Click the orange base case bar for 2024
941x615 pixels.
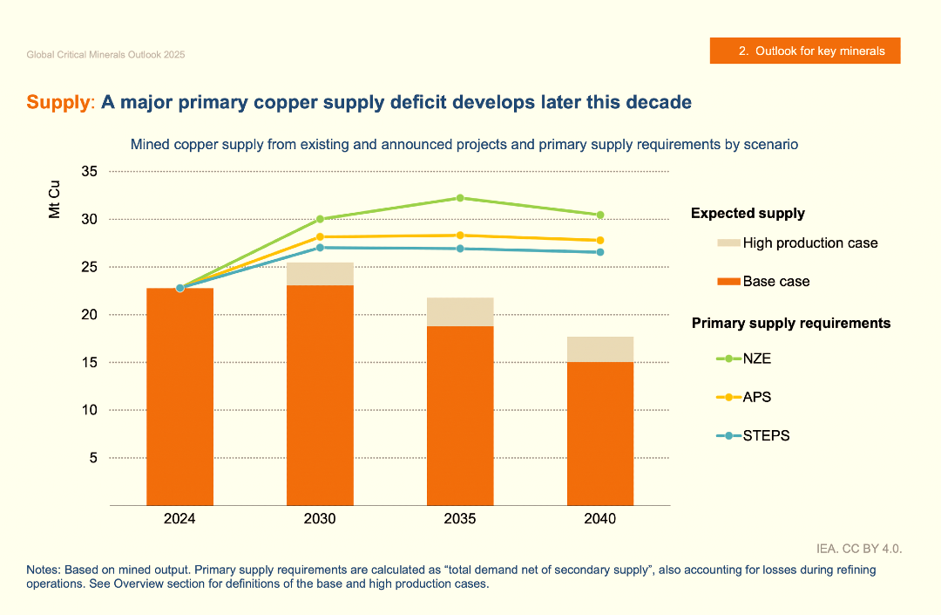(179, 397)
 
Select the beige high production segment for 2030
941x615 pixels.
(320, 274)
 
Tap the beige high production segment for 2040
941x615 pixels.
(599, 349)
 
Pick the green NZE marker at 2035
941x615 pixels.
(460, 198)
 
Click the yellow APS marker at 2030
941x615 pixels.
(320, 237)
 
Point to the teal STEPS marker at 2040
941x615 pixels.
(599, 252)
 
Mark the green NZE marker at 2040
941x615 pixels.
(599, 215)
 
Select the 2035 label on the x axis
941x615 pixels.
(460, 519)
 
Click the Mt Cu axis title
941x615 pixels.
(55, 200)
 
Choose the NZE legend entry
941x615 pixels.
(756, 359)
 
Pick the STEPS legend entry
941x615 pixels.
(766, 435)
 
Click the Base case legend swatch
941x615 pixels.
(728, 282)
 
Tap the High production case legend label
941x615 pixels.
(810, 243)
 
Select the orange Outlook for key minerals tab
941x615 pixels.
(804, 51)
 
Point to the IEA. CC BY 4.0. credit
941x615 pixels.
(858, 549)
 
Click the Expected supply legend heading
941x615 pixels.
(748, 214)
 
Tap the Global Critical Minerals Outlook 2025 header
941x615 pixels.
(105, 55)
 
